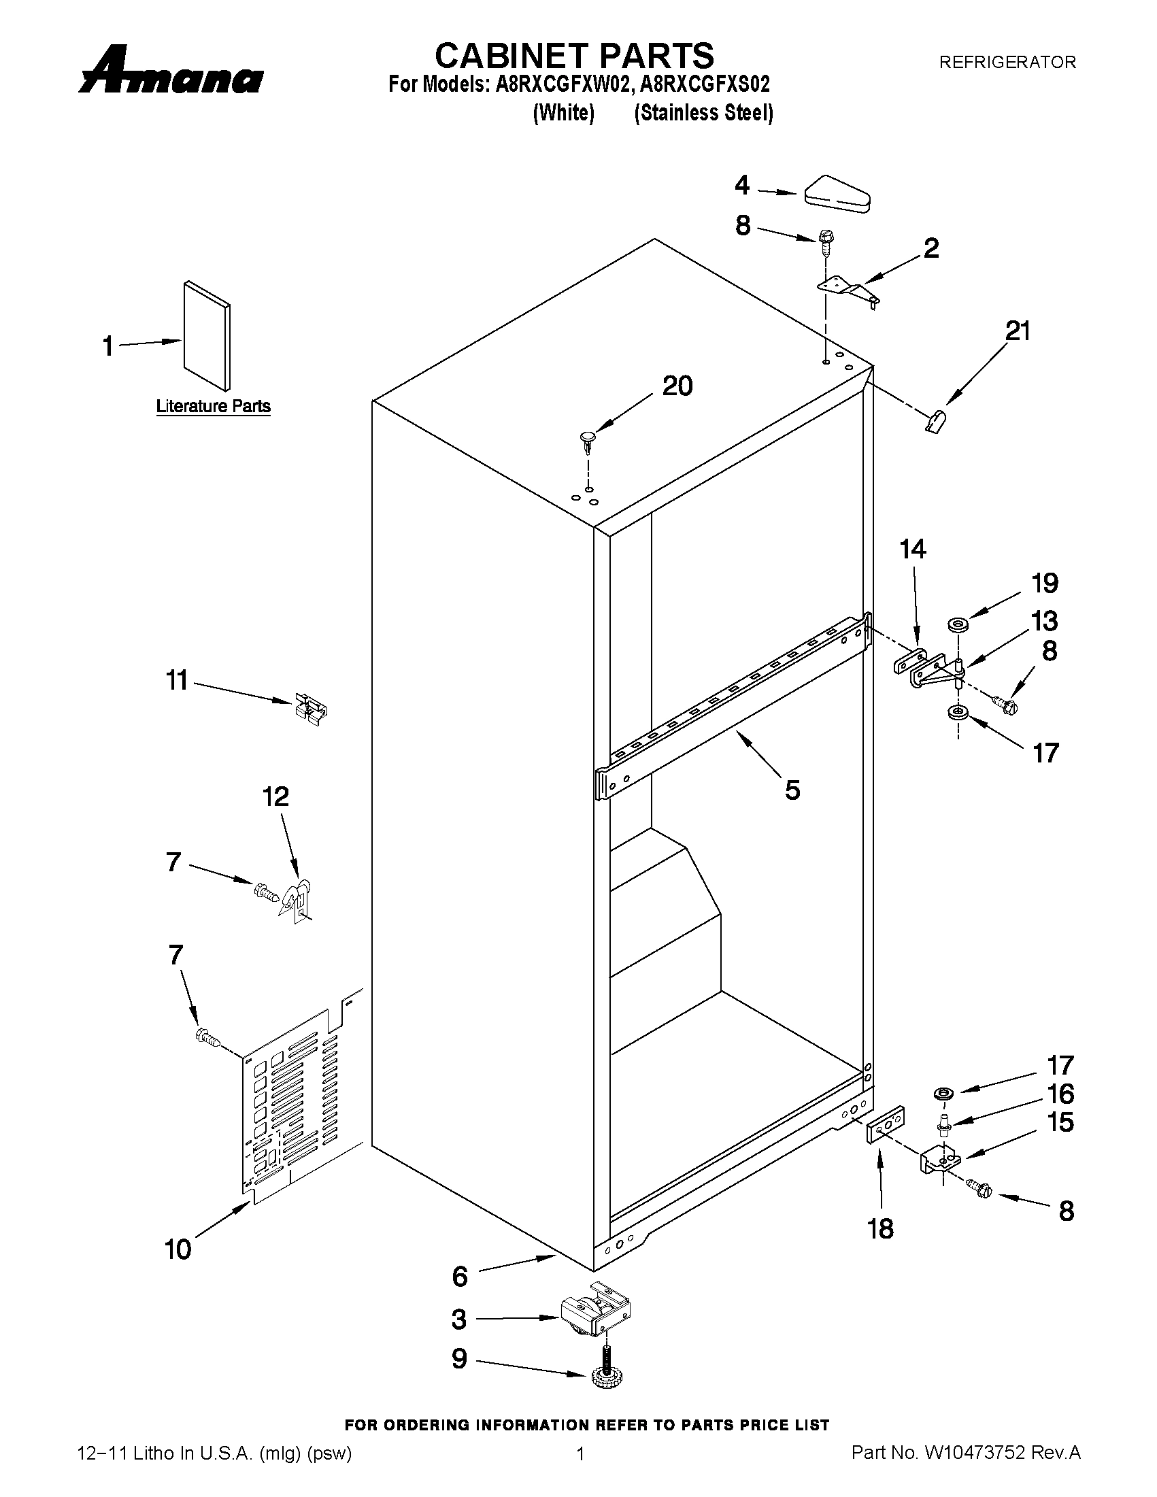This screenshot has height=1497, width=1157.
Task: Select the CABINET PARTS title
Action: click(574, 55)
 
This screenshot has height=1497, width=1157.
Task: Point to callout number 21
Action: click(1018, 332)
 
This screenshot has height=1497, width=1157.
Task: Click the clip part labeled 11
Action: click(310, 709)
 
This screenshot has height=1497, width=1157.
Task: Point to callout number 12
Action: click(275, 796)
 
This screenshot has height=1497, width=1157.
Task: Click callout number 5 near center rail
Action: click(792, 790)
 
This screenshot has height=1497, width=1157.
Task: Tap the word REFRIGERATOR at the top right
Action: click(1007, 63)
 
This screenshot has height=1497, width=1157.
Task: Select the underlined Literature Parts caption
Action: click(213, 407)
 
